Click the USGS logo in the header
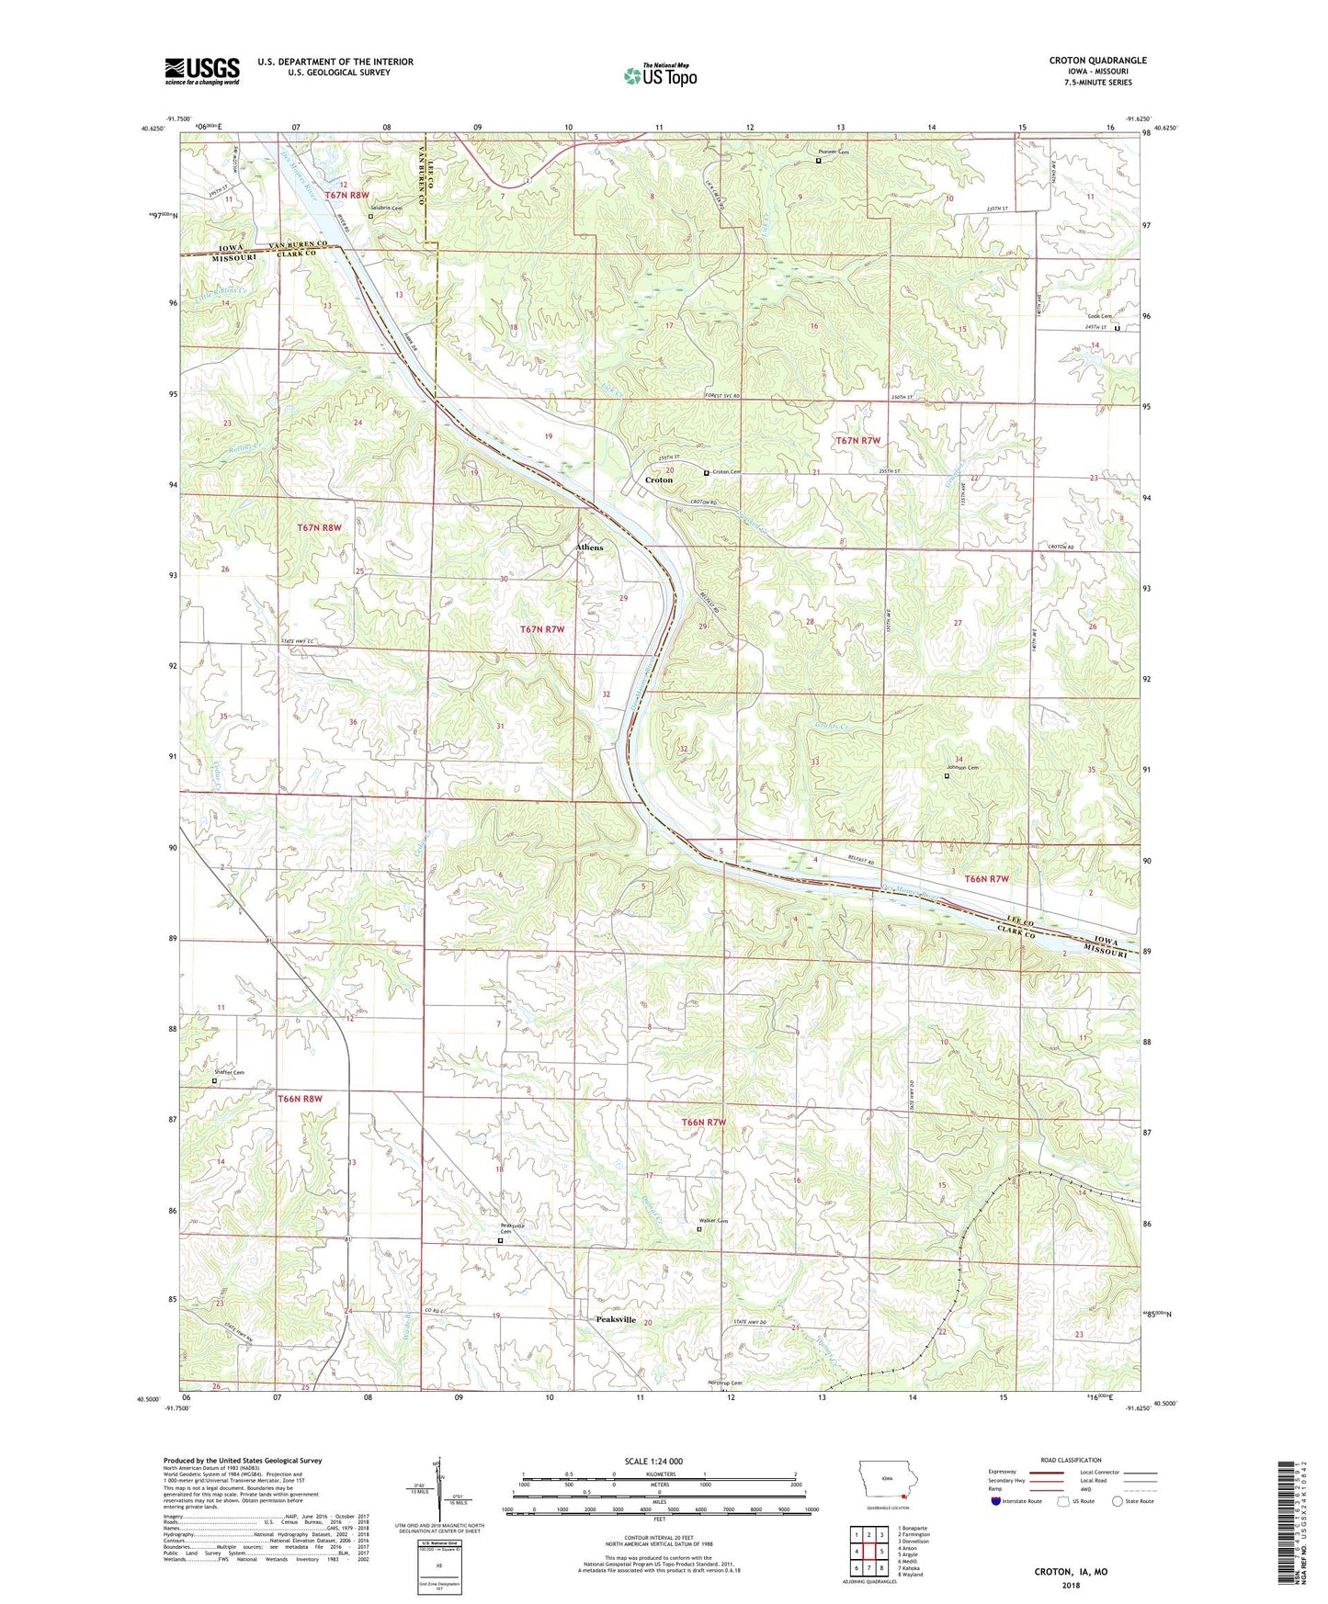point(202,71)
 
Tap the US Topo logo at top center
point(660,75)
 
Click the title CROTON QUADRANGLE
point(1097,61)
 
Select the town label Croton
point(659,480)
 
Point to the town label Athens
point(589,548)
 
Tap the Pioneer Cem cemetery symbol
point(819,161)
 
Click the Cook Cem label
point(1100,317)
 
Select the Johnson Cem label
point(962,768)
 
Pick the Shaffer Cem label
point(229,1073)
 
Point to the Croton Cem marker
point(707,473)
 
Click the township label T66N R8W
point(301,1099)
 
